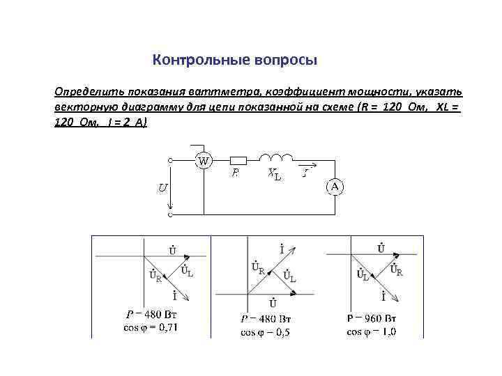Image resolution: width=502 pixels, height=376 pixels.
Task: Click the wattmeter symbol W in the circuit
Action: tap(204, 160)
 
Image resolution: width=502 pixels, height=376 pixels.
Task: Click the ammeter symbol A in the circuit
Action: tap(334, 186)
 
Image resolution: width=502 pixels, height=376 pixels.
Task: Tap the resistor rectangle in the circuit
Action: tap(238, 159)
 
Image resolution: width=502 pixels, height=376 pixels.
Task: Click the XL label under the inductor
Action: tap(275, 175)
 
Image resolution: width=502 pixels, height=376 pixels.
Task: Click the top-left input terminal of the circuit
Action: tap(170, 160)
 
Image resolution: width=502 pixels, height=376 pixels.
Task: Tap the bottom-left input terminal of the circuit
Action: tap(170, 215)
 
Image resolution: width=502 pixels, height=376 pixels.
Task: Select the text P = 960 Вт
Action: tap(372, 318)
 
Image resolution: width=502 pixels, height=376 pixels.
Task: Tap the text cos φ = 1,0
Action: tap(372, 331)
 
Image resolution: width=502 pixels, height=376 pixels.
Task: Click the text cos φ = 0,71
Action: tap(151, 327)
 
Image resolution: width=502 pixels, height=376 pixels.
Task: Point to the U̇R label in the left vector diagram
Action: tap(155, 276)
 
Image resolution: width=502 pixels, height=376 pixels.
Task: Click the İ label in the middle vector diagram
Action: tap(281, 248)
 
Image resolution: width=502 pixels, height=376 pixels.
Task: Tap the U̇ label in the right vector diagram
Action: tap(381, 248)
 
